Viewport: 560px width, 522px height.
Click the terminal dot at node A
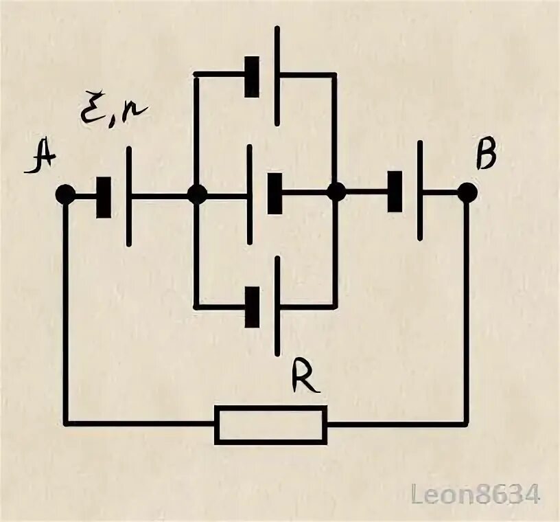pyautogui.click(x=66, y=194)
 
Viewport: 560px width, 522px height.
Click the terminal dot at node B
pyautogui.click(x=467, y=193)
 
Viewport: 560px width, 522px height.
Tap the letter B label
pyautogui.click(x=486, y=156)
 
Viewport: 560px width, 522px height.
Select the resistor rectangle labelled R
pyautogui.click(x=270, y=424)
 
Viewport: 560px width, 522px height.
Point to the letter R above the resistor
pyautogui.click(x=304, y=377)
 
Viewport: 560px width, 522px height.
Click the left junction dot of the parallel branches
pyautogui.click(x=196, y=194)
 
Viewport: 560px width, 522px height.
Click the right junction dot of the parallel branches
pyautogui.click(x=336, y=193)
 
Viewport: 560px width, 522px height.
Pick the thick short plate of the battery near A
pyautogui.click(x=104, y=198)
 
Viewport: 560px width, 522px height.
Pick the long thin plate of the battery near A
pyautogui.click(x=129, y=195)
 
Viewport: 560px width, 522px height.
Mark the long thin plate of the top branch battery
pyautogui.click(x=277, y=76)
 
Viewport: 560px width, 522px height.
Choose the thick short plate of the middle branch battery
pyautogui.click(x=275, y=194)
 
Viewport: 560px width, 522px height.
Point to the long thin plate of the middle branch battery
pyautogui.click(x=250, y=194)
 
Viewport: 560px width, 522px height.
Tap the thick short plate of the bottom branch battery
pyautogui.click(x=253, y=306)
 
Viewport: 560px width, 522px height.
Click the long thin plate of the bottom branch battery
pyautogui.click(x=277, y=305)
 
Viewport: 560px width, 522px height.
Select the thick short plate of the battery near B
pyautogui.click(x=395, y=192)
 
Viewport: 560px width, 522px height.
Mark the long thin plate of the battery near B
pyautogui.click(x=419, y=190)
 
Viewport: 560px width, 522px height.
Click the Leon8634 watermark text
pyautogui.click(x=476, y=494)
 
